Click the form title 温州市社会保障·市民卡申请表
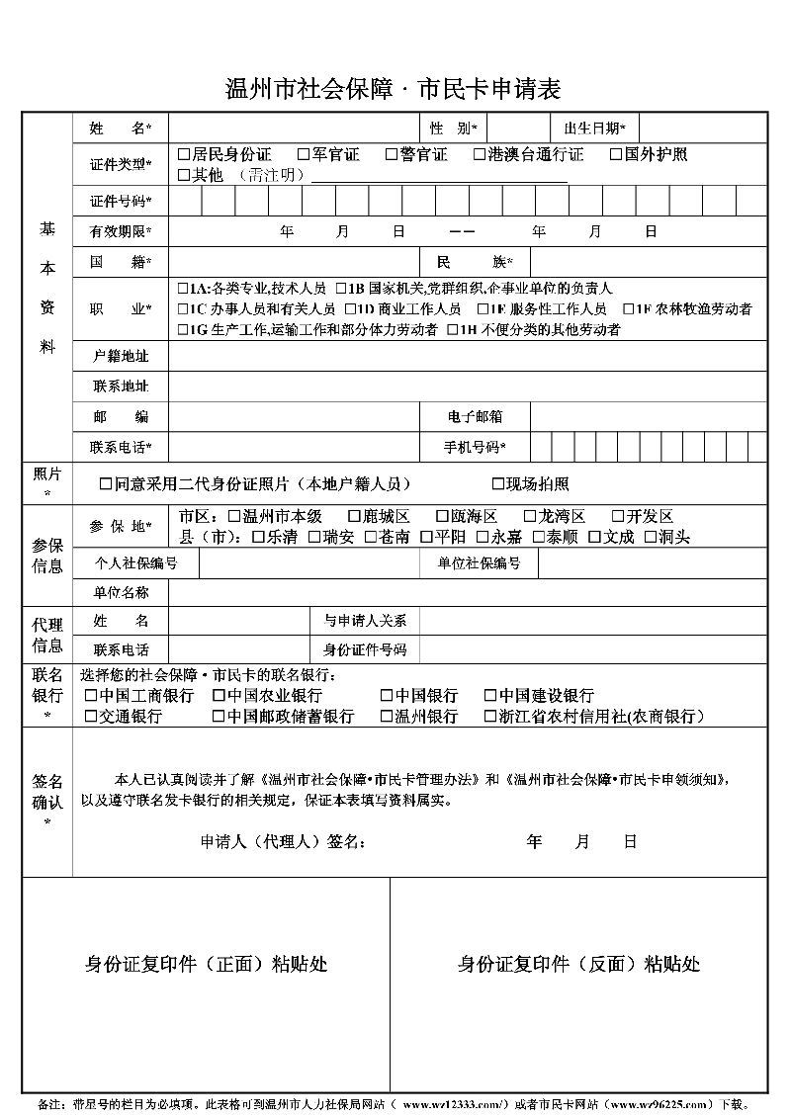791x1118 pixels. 394,90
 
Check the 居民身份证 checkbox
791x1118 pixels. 184,154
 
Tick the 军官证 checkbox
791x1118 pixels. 304,154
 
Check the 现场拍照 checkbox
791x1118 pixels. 498,484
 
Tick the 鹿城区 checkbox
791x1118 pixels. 354,517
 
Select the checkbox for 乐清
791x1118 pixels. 259,538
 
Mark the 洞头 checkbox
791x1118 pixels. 651,538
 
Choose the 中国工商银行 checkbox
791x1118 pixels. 91,696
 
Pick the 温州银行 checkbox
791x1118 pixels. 387,717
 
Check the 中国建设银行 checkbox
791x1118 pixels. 490,696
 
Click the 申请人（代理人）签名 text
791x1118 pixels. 283,842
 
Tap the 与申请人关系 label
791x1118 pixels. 365,621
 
